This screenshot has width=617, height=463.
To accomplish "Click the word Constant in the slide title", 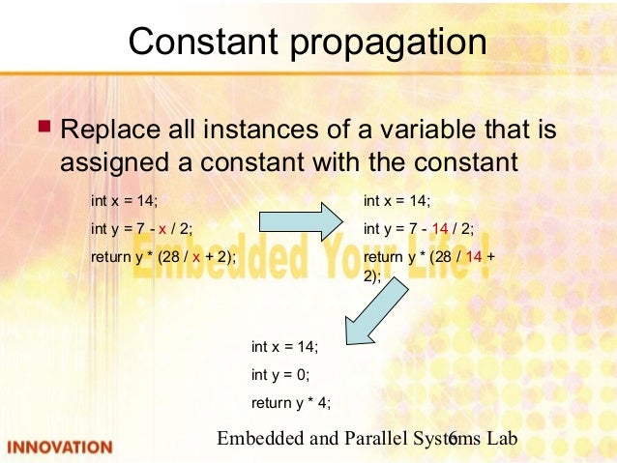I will (x=198, y=43).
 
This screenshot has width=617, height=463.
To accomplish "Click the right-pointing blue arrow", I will (x=301, y=221).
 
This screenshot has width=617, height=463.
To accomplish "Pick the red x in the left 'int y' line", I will (x=162, y=229).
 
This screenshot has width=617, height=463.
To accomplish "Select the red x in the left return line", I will (x=195, y=256).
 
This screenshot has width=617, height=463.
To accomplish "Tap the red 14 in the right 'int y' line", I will (x=440, y=229).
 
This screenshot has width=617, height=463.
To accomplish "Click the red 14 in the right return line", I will (x=474, y=256).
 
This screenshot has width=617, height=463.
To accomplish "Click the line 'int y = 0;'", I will (x=280, y=375).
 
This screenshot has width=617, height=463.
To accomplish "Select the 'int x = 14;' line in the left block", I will (x=124, y=201).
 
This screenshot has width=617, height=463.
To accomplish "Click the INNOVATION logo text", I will (x=60, y=448).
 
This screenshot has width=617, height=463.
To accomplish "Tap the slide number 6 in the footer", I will (x=453, y=440).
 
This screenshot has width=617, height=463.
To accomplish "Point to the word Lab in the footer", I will (x=502, y=439).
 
